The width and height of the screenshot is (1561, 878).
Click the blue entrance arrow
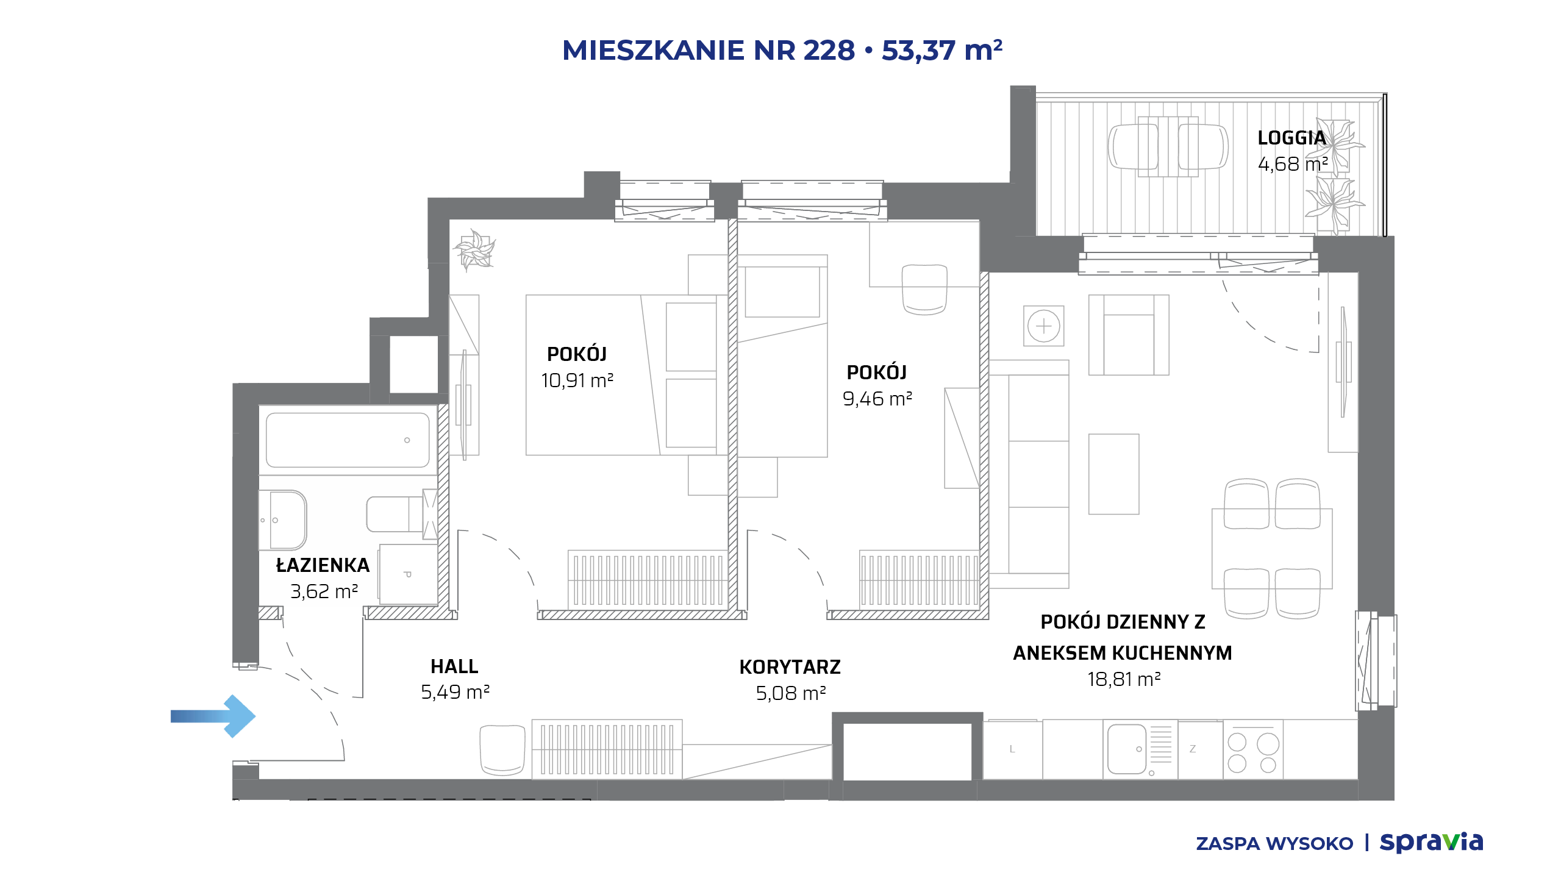tap(213, 716)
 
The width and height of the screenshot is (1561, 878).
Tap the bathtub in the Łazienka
tap(348, 440)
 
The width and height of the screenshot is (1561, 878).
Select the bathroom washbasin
tap(283, 520)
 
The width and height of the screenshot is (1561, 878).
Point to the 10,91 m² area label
tap(577, 380)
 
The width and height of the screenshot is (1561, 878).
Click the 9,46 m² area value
tap(877, 399)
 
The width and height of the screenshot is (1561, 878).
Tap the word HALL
tap(454, 666)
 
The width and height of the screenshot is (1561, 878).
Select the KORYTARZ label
tap(790, 667)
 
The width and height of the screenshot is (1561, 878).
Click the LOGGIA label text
tap(1291, 138)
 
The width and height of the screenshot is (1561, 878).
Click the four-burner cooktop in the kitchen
tap(1253, 752)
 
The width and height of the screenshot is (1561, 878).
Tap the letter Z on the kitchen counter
tap(1193, 749)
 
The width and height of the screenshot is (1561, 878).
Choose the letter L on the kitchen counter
tap(1012, 749)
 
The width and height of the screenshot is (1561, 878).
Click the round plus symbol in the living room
tap(1043, 326)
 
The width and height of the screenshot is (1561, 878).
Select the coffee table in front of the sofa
tap(1113, 474)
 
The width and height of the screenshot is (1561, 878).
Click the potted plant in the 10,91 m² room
tap(474, 249)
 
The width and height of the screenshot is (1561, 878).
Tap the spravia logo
tap(1431, 842)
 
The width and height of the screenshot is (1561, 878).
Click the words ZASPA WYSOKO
tap(1274, 844)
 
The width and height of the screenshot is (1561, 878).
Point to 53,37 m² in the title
tap(942, 50)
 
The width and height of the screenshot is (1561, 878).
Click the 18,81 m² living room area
tap(1124, 679)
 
